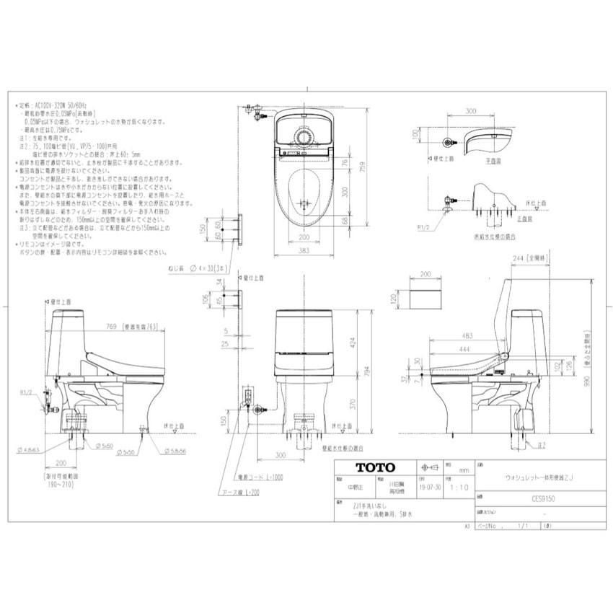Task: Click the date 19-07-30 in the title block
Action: (430, 487)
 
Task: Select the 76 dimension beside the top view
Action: (345, 164)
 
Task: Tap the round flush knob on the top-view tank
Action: (303, 136)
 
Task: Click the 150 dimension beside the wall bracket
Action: (204, 229)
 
